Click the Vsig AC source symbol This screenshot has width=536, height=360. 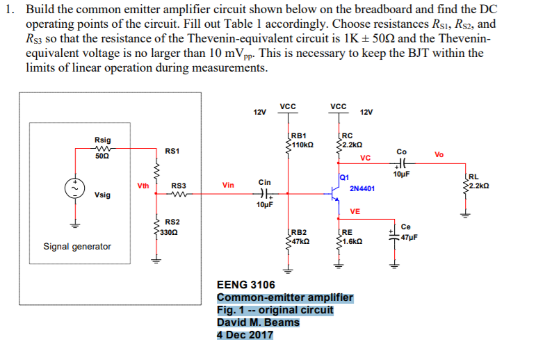[x=73, y=188]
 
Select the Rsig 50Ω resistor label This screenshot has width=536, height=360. [x=102, y=145]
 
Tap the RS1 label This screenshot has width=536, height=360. [x=172, y=151]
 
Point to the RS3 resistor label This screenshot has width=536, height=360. [x=179, y=186]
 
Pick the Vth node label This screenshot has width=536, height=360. [x=143, y=186]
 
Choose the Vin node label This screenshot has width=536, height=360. [x=228, y=186]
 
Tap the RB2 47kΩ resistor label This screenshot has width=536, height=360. [x=300, y=237]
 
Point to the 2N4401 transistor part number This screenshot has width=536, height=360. [x=362, y=188]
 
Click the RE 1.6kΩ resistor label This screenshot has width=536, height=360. [x=350, y=237]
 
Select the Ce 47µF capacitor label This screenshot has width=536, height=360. [x=408, y=232]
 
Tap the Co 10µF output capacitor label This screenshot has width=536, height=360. [x=401, y=163]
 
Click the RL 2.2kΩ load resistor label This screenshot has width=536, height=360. [x=479, y=181]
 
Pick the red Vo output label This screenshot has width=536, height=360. [x=438, y=154]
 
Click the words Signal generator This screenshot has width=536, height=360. [x=76, y=247]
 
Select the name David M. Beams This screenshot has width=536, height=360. [x=258, y=322]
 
